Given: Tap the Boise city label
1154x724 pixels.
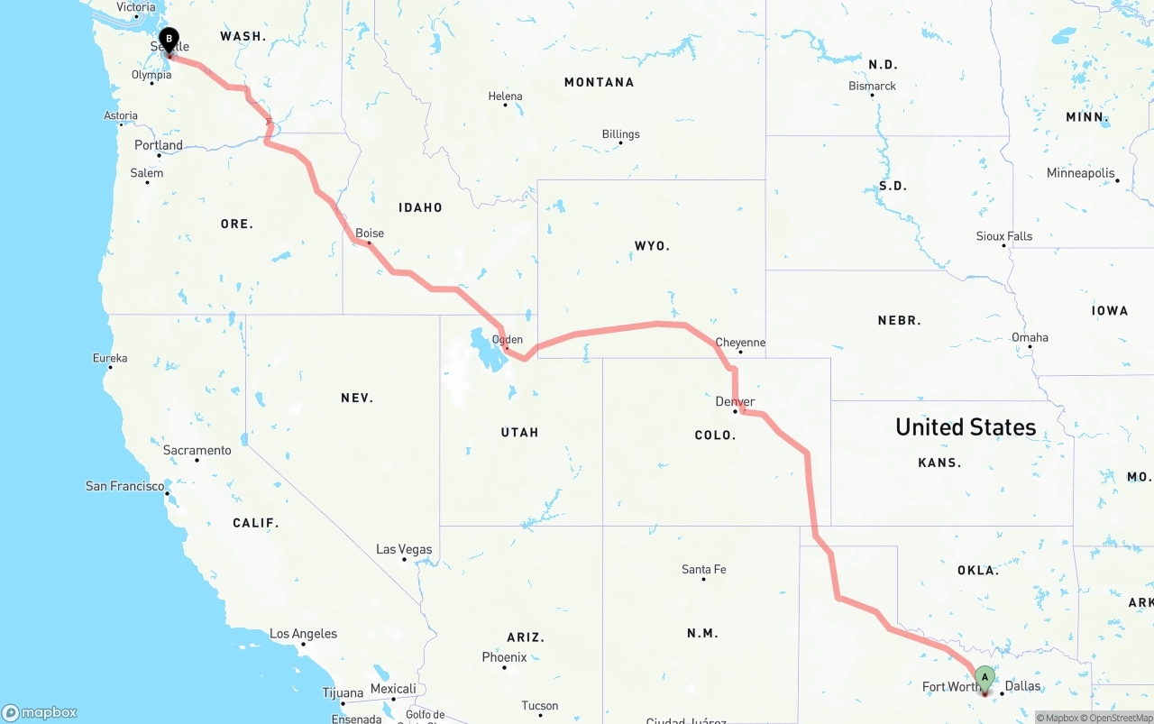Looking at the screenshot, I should coord(370,234).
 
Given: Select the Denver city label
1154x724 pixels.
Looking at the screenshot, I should coord(735,401).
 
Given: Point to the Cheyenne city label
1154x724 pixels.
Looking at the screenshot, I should coord(740,343).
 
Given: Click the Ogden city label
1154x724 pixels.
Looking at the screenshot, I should coord(508,340).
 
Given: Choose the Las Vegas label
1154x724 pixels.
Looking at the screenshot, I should coord(404,549).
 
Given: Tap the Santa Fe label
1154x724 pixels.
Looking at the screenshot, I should coord(703,569).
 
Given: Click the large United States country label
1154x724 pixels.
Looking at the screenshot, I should coord(966,426).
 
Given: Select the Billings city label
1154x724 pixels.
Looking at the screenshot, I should coord(620,134).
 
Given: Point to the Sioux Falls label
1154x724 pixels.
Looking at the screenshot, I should coord(1003,236).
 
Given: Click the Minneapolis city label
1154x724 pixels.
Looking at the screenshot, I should coord(1080,173).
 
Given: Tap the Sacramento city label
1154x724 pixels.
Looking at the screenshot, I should coord(197,450).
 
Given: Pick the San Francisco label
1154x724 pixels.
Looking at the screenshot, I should coord(125,486).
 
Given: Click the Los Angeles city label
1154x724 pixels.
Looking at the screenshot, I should coord(303,634).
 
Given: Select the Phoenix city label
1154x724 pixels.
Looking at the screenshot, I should coord(504,657).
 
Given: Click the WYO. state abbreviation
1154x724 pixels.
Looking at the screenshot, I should coord(652,245).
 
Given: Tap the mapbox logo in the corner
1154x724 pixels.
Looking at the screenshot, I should coord(40,712).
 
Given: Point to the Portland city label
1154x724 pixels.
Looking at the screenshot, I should coord(159,145).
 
